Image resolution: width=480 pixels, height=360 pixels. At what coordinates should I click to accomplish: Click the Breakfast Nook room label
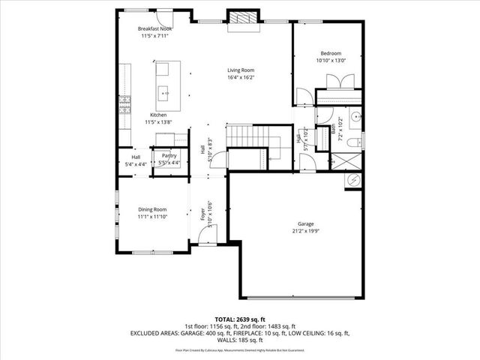[155, 28]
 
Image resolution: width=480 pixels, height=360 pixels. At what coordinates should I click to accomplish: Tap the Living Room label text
[241, 70]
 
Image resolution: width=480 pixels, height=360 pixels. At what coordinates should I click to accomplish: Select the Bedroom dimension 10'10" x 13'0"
[331, 61]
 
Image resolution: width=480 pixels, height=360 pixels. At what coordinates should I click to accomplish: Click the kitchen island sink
[163, 94]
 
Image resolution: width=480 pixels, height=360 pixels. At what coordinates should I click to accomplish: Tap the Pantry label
[169, 155]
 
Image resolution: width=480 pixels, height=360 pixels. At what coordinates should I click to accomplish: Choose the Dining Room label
[152, 209]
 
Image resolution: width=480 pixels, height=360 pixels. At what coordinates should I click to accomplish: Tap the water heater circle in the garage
[352, 180]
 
